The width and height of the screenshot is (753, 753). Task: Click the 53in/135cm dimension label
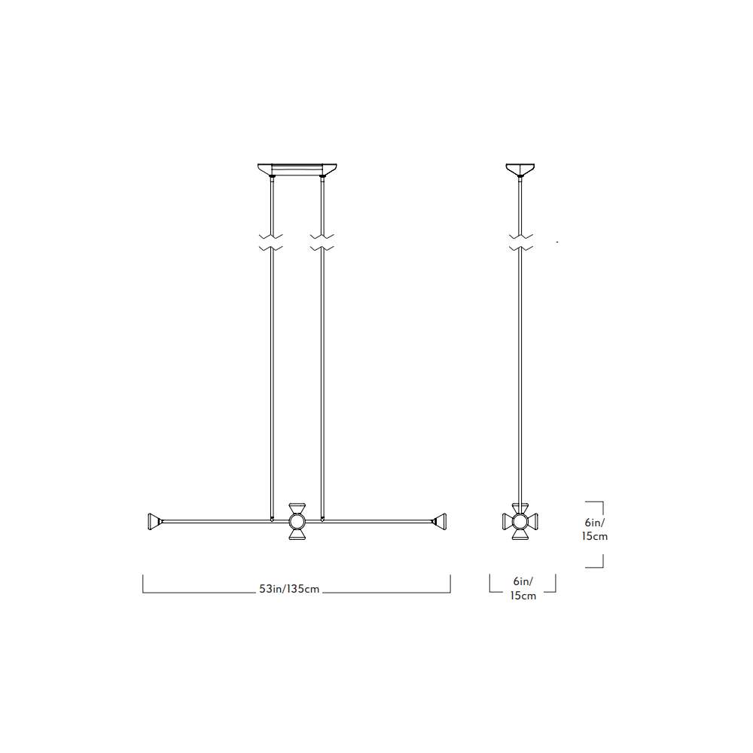click(x=289, y=589)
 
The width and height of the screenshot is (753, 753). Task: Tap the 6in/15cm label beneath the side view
click(x=523, y=588)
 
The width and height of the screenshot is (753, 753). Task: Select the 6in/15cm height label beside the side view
click(x=595, y=529)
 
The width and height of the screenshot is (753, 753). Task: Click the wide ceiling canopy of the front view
click(x=297, y=169)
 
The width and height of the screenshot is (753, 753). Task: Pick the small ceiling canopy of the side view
click(x=520, y=169)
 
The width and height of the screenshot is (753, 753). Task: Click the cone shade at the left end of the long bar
click(x=154, y=522)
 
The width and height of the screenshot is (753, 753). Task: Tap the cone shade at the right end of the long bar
click(x=440, y=522)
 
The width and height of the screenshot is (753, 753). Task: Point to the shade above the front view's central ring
click(x=297, y=508)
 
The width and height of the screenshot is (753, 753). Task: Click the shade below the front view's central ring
click(x=297, y=534)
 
